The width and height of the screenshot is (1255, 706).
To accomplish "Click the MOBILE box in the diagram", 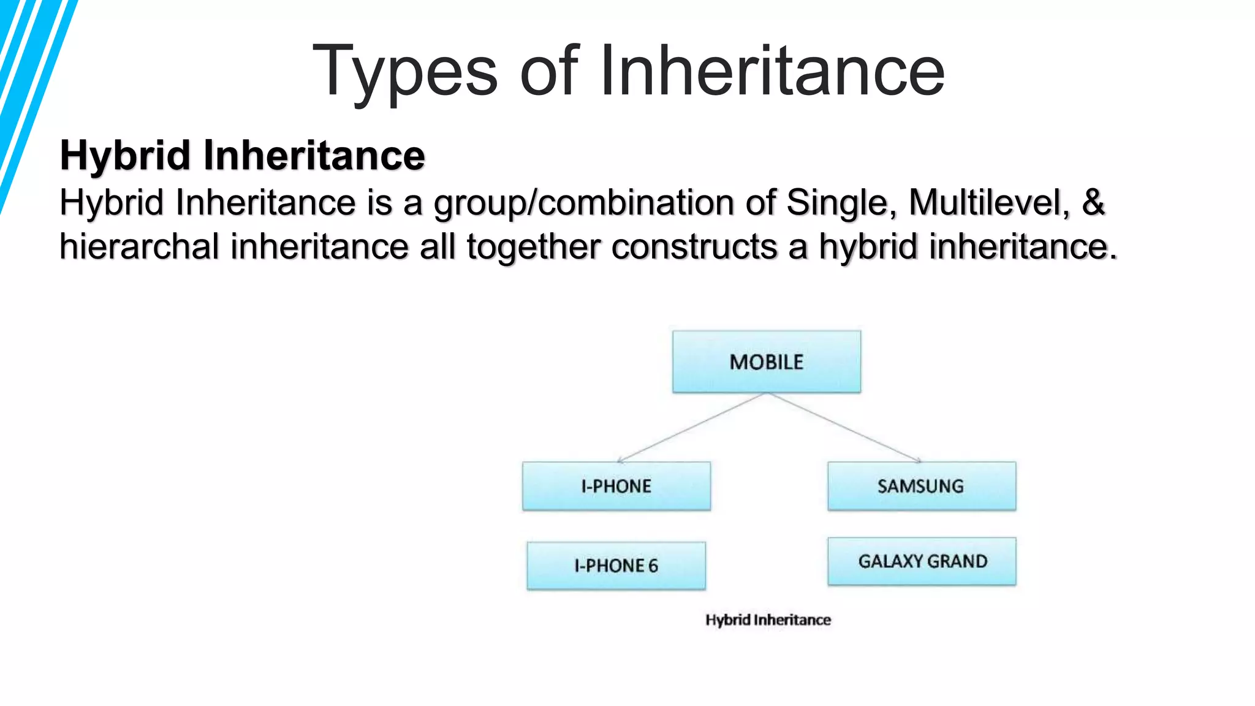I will coord(766,362).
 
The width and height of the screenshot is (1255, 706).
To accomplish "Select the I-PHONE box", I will coord(616,486).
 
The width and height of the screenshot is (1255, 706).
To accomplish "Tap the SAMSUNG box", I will coord(921,486).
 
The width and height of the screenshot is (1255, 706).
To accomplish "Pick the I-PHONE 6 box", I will coord(616,566).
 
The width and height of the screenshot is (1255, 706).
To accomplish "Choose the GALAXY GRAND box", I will coord(922,561).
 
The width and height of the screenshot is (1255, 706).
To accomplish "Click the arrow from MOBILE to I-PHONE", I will coord(691,427).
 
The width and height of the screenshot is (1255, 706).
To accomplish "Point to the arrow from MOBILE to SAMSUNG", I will coord(844,427).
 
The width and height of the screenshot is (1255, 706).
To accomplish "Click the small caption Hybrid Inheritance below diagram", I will coord(768,620).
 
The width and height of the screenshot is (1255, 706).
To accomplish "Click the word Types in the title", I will coord(405,72).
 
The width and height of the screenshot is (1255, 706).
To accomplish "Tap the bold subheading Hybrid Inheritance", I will coord(242,155).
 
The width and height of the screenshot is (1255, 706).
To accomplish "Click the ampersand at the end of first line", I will coord(1093,202).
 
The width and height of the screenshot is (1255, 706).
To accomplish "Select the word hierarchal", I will coord(139,246).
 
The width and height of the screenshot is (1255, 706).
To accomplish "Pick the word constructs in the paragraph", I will coord(694,246).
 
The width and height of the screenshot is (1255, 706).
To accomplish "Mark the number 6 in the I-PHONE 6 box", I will coord(653,566).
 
